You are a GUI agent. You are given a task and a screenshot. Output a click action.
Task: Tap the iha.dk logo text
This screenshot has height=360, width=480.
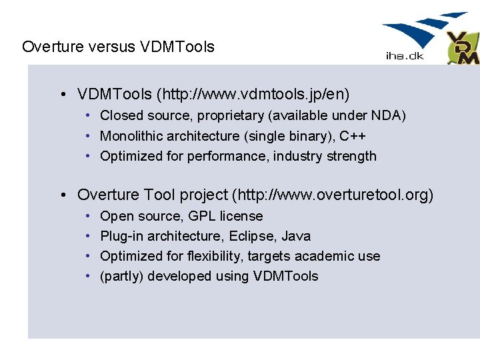405,56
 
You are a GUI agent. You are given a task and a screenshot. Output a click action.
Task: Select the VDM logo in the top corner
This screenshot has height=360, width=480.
463,49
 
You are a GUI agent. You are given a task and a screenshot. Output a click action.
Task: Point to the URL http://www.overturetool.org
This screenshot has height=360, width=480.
331,195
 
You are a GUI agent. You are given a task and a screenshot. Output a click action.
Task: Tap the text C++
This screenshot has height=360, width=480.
353,136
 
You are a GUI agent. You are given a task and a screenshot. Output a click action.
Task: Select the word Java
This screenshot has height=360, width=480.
296,236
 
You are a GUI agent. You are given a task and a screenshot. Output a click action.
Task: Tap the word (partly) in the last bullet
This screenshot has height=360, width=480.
121,276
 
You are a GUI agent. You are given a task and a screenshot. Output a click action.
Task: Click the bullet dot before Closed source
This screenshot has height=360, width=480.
89,116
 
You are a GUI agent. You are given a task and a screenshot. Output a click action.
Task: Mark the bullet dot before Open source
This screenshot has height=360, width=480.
89,216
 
